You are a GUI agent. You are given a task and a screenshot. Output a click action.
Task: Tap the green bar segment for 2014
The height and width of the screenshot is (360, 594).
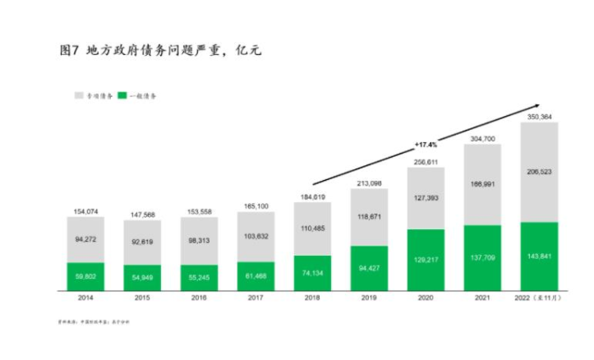(85, 276)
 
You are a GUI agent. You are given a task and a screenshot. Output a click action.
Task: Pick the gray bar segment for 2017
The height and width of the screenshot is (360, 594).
(256, 236)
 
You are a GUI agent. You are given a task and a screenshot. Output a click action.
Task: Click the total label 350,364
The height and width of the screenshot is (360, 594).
(539, 117)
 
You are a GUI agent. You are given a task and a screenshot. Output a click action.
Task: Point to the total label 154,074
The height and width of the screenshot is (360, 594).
(85, 210)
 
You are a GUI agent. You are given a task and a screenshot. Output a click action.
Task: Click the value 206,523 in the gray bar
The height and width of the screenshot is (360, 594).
(539, 171)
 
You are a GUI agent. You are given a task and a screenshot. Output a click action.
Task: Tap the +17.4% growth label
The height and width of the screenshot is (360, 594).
(426, 145)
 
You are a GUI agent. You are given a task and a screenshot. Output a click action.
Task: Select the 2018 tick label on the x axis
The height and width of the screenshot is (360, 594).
(312, 300)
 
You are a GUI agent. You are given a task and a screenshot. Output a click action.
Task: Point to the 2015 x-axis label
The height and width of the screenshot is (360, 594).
(142, 300)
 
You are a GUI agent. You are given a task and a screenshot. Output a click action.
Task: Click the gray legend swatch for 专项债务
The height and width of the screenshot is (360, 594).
(79, 95)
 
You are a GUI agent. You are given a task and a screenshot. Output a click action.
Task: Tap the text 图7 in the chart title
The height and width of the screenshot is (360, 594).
(69, 51)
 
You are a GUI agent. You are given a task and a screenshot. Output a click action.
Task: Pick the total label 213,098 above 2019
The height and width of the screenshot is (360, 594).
(369, 182)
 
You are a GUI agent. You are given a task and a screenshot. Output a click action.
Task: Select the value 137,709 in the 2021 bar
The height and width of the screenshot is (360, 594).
(482, 257)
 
